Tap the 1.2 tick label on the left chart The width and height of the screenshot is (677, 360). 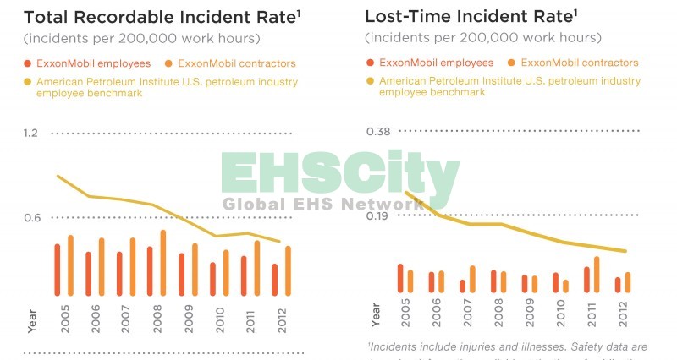click(x=31, y=133)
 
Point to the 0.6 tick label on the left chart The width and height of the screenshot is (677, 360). click(x=31, y=218)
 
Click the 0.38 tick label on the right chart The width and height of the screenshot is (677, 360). click(x=377, y=132)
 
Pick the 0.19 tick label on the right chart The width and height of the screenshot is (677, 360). click(x=377, y=216)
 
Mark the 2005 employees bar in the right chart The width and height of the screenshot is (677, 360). click(x=400, y=278)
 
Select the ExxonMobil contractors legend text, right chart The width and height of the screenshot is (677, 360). click(x=580, y=63)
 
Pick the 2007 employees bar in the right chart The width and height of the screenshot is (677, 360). click(x=462, y=286)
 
